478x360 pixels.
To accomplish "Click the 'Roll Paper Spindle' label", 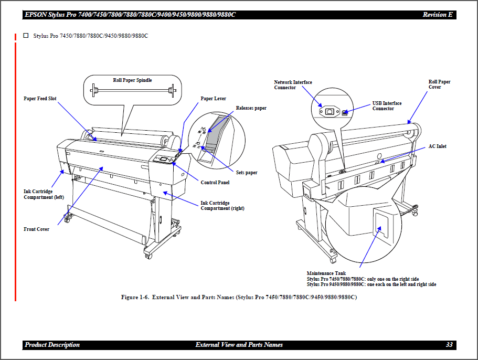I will [132, 80].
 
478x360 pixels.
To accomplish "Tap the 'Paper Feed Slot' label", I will [40, 98].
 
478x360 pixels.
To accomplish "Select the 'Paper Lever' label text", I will [213, 98].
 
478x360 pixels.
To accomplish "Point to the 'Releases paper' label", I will [251, 108].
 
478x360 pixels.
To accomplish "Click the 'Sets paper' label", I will [247, 173].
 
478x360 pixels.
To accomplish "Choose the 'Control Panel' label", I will [215, 183].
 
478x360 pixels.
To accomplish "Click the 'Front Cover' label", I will [36, 229].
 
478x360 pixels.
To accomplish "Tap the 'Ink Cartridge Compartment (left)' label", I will [44, 194].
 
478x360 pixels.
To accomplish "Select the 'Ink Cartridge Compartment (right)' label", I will [222, 206].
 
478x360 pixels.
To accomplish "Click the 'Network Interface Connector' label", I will [293, 85].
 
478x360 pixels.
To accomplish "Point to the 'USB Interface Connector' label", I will [387, 106].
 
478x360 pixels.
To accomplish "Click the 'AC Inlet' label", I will [437, 146].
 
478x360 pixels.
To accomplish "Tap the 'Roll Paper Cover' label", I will [439, 84].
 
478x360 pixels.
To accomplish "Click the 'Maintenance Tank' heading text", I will [326, 273].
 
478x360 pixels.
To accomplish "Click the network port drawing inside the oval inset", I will [329, 111].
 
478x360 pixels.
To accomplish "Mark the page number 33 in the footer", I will [449, 345].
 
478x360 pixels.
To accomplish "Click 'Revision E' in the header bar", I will [437, 15].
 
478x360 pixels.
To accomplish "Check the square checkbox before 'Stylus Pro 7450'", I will [26, 36].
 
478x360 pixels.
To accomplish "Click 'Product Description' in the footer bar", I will [52, 345].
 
